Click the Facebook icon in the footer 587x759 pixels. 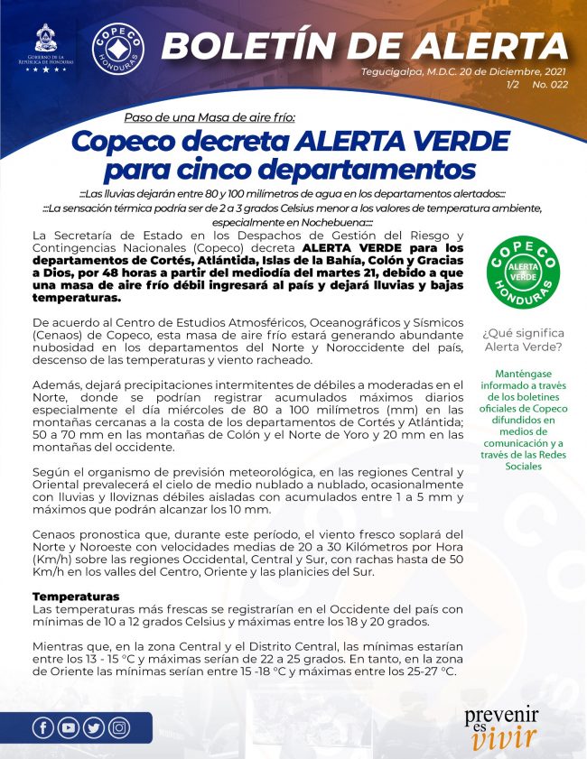(42, 728)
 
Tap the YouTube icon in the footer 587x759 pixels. (68, 728)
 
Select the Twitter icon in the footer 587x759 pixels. (93, 728)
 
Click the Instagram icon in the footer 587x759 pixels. (118, 728)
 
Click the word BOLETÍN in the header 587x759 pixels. (257, 43)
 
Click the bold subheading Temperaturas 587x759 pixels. (77, 597)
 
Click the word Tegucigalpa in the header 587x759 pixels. (391, 72)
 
